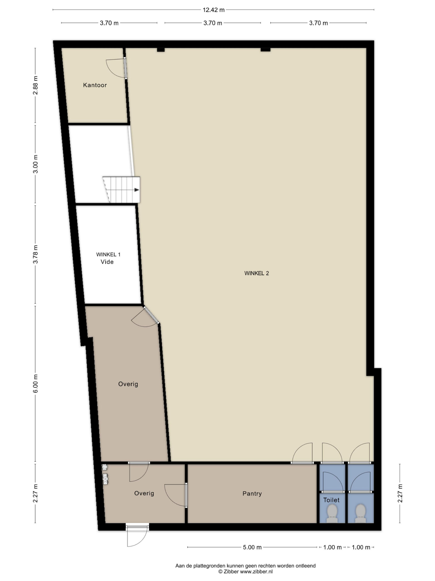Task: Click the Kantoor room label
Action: [95, 85]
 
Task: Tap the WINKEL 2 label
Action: [256, 273]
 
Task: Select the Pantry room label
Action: [252, 494]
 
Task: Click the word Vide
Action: [107, 262]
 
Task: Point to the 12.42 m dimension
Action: [213, 10]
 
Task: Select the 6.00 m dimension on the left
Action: [36, 384]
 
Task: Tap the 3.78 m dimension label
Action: [36, 254]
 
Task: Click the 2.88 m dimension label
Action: [36, 85]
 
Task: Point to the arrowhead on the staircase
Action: [137, 190]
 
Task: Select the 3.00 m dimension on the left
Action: [36, 164]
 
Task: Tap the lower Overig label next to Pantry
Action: [144, 493]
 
